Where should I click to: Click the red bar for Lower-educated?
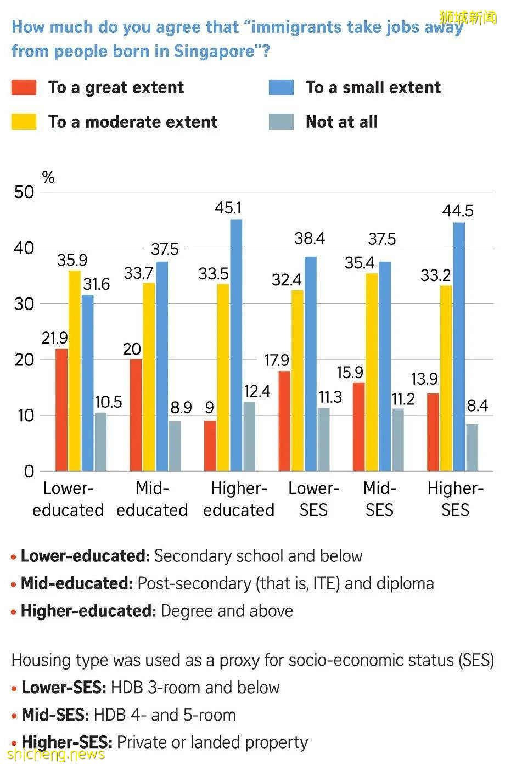pos(61,410)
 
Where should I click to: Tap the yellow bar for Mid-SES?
pos(372,372)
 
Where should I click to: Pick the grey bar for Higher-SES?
pos(472,447)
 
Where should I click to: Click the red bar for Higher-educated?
pos(210,446)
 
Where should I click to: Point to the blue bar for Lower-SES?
pos(311,363)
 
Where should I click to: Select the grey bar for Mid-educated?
pos(175,446)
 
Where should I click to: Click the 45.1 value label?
pos(228,208)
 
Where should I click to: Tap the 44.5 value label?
pos(458,211)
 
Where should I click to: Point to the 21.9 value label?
pos(55,338)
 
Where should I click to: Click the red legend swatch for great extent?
pos(24,88)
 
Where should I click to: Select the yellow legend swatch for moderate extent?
pos(24,122)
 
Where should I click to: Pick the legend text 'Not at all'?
pos(341,122)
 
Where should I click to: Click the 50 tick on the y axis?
pos(24,192)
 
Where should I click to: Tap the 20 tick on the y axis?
pos(24,359)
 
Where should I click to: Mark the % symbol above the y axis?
pos(48,177)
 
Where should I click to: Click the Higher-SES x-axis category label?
pos(455,499)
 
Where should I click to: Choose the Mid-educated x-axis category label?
pos(152,499)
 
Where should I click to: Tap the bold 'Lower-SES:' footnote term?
pos(65,687)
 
